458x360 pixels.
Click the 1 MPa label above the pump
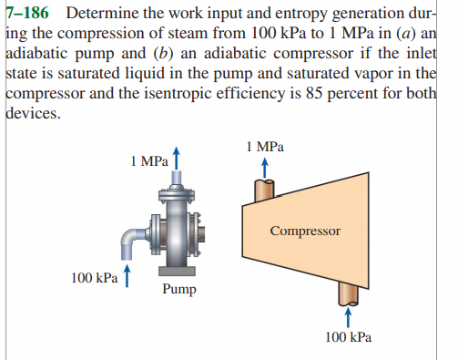coord(148,161)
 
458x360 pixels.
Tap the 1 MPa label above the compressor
coord(264,145)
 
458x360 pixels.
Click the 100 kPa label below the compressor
coord(347,337)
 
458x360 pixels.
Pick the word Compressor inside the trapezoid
coord(304,231)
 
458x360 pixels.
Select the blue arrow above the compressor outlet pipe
coord(264,164)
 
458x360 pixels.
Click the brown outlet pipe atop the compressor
coord(264,190)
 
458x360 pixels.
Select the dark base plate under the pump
coord(177,271)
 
